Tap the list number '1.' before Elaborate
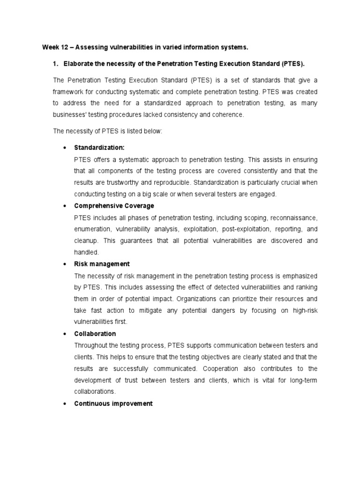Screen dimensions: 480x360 (56, 63)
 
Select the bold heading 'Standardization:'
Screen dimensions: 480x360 (99, 148)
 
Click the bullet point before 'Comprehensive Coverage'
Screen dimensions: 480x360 (64, 206)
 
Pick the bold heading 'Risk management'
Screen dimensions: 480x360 (102, 264)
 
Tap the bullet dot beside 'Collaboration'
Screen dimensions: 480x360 (64, 334)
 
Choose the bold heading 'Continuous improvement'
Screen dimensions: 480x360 (113, 403)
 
